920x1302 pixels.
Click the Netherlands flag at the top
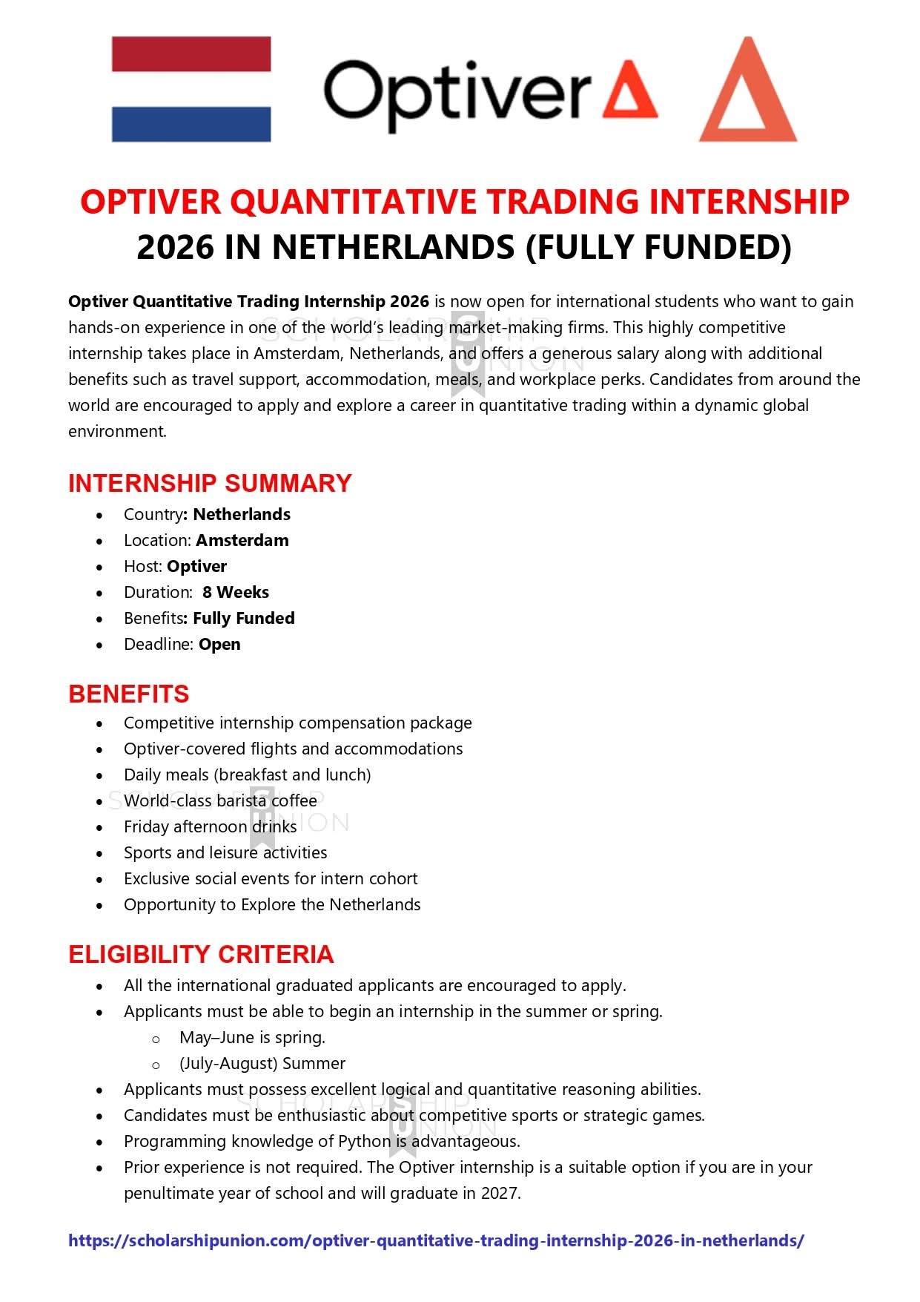[191, 89]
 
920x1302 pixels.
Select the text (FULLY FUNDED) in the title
[658, 248]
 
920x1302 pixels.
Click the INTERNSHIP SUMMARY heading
[210, 484]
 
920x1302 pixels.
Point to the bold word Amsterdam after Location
[242, 541]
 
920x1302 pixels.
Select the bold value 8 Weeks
[236, 593]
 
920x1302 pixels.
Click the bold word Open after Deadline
[219, 645]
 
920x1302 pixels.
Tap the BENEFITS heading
[129, 694]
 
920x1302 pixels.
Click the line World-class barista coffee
[220, 801]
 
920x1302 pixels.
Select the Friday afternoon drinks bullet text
[210, 827]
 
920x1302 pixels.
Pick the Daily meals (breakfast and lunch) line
[247, 775]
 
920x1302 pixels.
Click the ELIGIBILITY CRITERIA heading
[201, 955]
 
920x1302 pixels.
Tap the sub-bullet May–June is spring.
[252, 1038]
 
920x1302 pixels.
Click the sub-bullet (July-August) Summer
[262, 1064]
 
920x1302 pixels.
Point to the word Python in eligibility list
[364, 1142]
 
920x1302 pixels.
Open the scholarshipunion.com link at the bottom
[436, 1241]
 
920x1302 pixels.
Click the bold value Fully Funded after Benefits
[244, 619]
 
